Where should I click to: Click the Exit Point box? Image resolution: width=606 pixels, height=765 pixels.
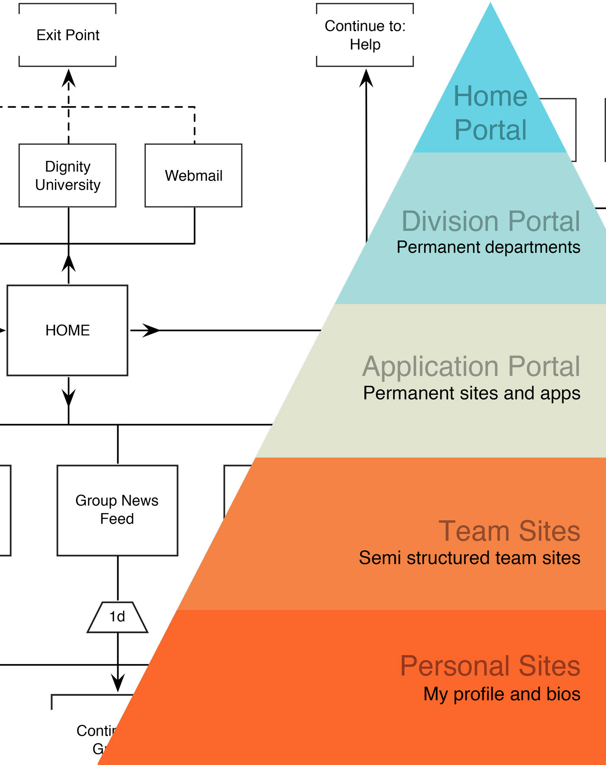(68, 35)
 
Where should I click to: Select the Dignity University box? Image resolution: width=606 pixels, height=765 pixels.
(68, 176)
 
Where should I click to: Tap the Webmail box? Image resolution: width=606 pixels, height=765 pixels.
(193, 176)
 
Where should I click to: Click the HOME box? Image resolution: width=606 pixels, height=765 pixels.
(68, 331)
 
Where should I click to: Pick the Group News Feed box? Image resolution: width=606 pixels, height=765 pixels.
(117, 510)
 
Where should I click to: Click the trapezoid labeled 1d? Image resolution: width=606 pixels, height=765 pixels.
(117, 617)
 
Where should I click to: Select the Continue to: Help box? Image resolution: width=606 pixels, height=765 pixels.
(365, 35)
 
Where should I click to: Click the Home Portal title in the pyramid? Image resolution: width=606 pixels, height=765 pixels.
(490, 112)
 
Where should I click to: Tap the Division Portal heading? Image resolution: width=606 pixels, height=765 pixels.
(490, 221)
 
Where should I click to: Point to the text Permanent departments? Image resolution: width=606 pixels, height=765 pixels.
(488, 247)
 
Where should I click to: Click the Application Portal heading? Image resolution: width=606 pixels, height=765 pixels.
(471, 366)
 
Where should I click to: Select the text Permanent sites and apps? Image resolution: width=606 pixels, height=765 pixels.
(471, 393)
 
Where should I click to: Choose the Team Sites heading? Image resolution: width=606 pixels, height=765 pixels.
(509, 531)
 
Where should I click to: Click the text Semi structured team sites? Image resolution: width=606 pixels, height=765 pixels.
(469, 558)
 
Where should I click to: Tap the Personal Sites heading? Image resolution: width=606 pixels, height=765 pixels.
(490, 665)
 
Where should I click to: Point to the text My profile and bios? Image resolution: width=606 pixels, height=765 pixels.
(502, 694)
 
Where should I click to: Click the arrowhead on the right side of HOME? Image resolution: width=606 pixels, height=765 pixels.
(150, 331)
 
